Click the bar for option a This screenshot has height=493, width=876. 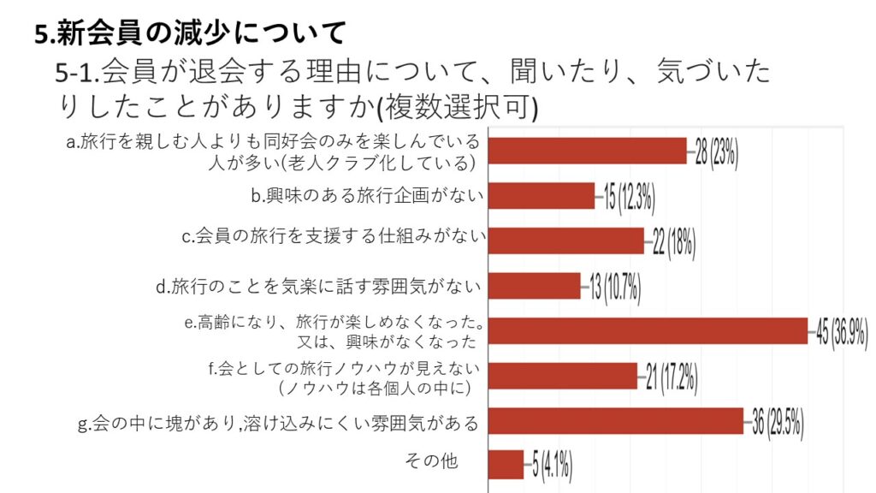(x=587, y=151)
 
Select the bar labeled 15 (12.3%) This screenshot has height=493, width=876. (x=541, y=196)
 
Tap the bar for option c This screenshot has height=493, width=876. (x=565, y=241)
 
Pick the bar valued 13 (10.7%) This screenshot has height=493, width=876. (x=534, y=286)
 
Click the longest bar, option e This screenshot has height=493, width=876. (x=648, y=330)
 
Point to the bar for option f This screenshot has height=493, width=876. (x=562, y=376)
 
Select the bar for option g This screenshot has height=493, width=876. (x=615, y=420)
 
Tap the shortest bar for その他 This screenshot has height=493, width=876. (x=506, y=465)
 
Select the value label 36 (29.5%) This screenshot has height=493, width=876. (x=778, y=423)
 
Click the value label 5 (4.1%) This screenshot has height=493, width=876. (x=552, y=467)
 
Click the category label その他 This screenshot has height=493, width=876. (x=431, y=462)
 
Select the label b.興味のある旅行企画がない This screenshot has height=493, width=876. (x=368, y=196)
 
